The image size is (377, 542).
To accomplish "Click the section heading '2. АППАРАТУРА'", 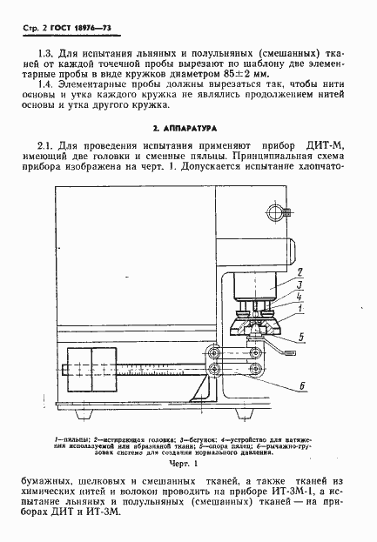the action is coord(188,130).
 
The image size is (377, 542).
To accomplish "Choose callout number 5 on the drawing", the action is coord(300,335).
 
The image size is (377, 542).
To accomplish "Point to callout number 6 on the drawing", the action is coord(300,384).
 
